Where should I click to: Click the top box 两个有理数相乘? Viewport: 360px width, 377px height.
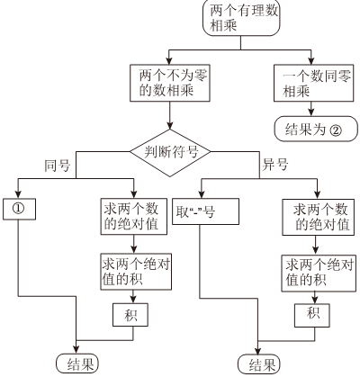(241, 18)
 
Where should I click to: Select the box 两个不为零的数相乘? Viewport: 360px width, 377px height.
(170, 83)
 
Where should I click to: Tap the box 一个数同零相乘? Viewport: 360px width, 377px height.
(314, 83)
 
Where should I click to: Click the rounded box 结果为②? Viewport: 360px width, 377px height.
(316, 130)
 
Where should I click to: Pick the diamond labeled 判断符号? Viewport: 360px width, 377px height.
(170, 153)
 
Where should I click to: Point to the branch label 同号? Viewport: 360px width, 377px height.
(58, 166)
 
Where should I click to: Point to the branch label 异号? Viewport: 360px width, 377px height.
(275, 165)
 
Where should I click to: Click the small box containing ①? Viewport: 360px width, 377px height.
(19, 209)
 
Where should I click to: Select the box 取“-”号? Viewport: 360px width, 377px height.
(205, 211)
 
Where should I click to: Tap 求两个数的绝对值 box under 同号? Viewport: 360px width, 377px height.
(134, 216)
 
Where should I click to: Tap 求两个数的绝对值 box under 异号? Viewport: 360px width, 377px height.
(319, 217)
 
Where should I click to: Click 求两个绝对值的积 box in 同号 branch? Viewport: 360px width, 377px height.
(136, 272)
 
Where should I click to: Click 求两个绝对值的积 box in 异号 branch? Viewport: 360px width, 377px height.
(319, 274)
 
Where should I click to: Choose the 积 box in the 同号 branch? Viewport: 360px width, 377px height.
(130, 315)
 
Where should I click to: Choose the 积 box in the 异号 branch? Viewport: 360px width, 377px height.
(312, 316)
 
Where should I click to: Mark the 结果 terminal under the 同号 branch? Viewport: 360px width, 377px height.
(77, 364)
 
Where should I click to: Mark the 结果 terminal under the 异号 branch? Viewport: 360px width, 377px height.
(259, 364)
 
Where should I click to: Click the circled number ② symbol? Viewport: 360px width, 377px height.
(336, 130)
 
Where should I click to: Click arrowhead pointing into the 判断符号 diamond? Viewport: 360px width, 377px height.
(170, 126)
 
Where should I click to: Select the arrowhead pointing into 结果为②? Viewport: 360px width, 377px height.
(311, 112)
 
